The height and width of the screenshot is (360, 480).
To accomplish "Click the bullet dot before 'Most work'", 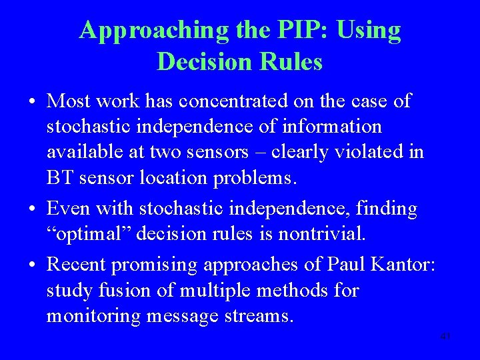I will click(32, 102).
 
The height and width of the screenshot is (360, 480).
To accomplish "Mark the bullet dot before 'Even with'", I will click(32, 210).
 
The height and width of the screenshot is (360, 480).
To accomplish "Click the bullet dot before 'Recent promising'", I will click(32, 266).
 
